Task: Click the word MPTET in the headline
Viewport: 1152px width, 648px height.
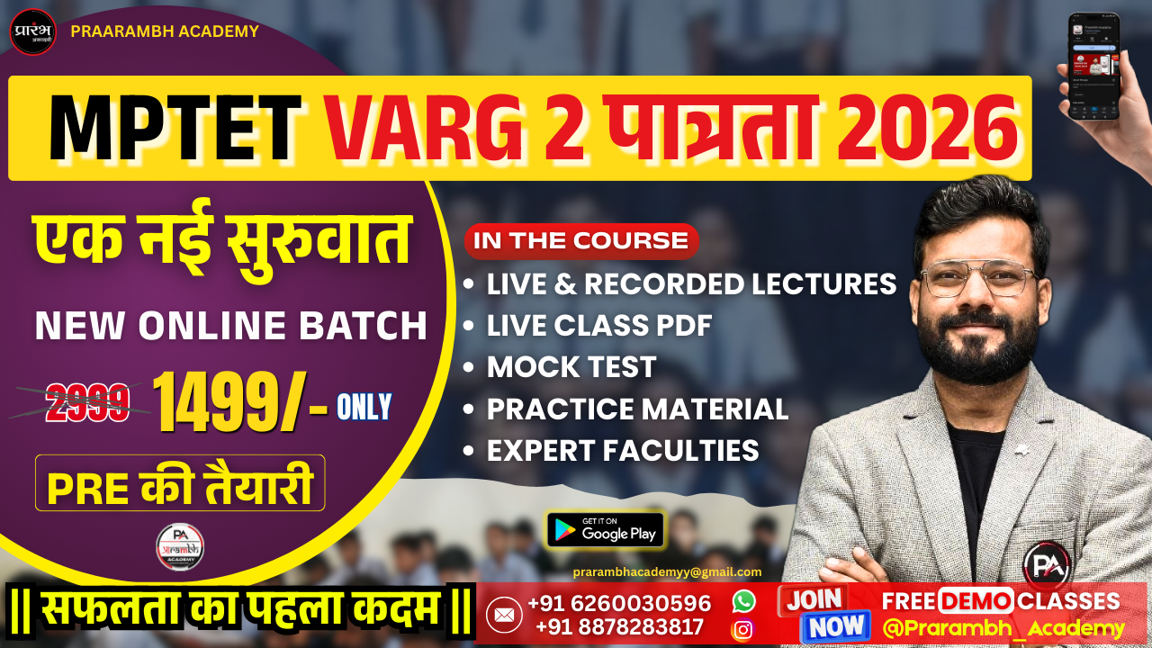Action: coord(175,129)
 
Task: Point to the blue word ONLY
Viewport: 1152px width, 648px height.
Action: coord(364,408)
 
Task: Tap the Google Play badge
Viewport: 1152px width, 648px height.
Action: coord(605,530)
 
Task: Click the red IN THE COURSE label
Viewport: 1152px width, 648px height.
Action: coord(580,241)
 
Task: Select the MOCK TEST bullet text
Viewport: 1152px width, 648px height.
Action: coord(571,367)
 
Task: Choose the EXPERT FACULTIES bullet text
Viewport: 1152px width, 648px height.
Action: coord(623,450)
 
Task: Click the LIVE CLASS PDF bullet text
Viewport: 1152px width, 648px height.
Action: coord(599,326)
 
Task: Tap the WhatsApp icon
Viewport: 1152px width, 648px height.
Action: coord(743,601)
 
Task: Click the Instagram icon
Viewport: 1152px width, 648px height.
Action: coord(743,629)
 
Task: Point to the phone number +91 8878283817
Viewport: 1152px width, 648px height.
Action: coord(619,626)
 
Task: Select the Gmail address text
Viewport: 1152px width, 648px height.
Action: coord(667,571)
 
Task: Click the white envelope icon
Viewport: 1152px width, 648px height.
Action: coord(504,615)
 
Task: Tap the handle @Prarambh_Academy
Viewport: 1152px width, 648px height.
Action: coord(1003,628)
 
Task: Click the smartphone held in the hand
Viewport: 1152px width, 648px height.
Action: coord(1093,66)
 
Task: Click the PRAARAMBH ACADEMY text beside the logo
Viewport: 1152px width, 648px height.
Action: coord(165,31)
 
